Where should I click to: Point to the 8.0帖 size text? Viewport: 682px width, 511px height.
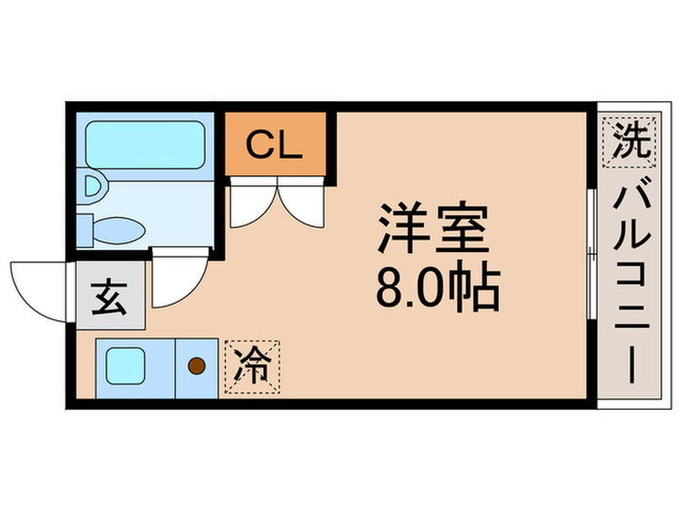(435, 284)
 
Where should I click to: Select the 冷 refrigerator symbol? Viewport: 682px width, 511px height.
(251, 366)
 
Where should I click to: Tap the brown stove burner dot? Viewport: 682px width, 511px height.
(197, 366)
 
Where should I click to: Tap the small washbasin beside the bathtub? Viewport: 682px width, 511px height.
(95, 186)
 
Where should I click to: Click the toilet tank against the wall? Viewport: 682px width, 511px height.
(86, 231)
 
